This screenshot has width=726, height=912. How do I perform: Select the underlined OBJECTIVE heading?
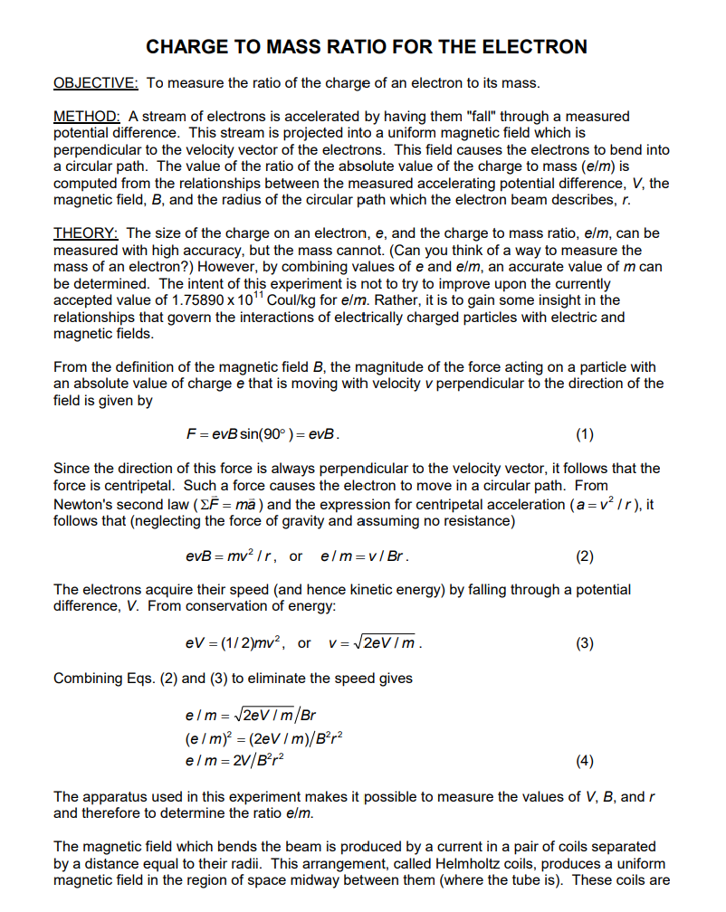[96, 83]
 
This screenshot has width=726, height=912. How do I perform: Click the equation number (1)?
[585, 433]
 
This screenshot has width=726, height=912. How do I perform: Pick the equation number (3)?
[585, 643]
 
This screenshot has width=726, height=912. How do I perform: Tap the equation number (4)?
[585, 761]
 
